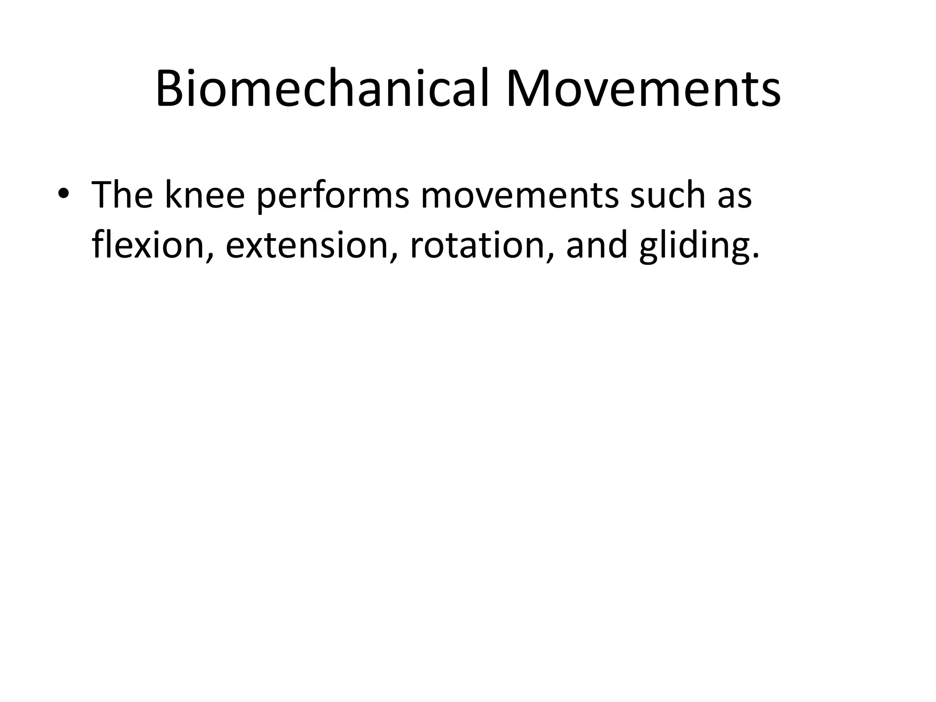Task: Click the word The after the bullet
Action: (x=122, y=195)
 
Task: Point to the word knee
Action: (x=204, y=195)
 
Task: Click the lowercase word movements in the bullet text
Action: (x=518, y=196)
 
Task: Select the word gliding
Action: (x=694, y=247)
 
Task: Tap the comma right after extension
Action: (x=392, y=258)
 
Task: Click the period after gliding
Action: (x=755, y=258)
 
